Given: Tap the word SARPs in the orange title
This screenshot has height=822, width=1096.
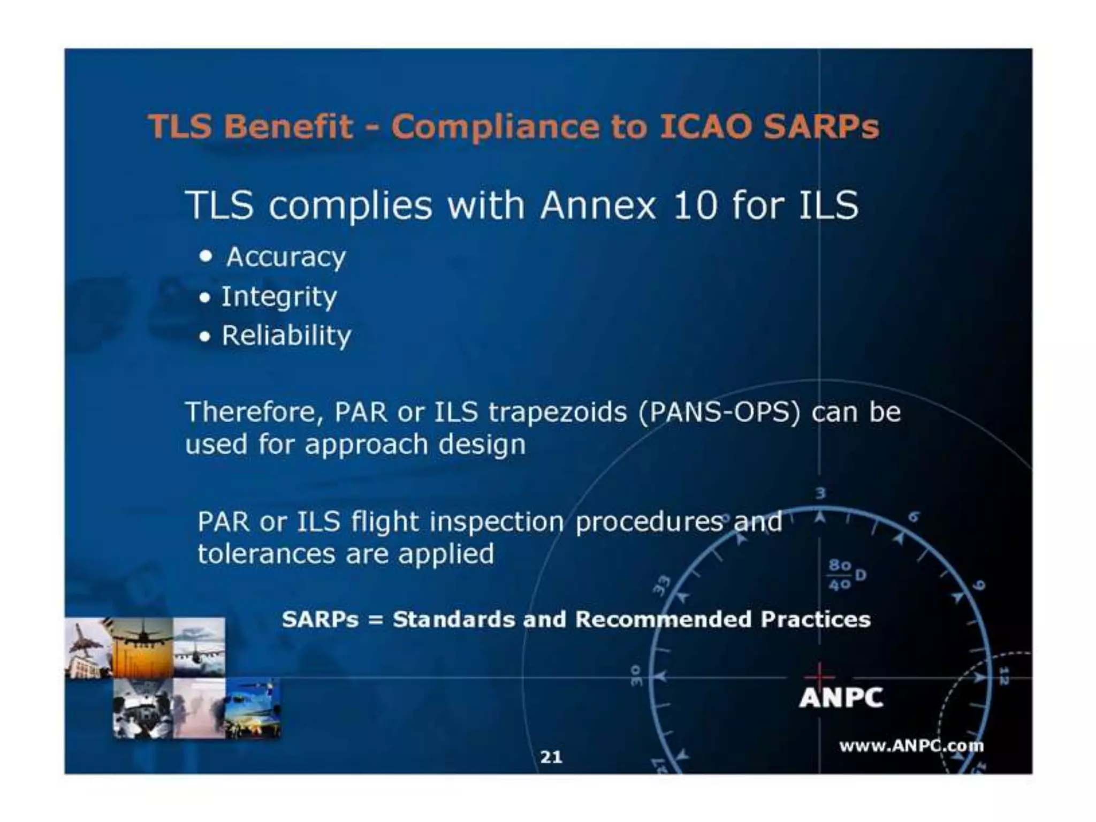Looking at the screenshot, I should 821,127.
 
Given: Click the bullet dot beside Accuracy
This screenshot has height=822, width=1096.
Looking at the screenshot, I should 205,256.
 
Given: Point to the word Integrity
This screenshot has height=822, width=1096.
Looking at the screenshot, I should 279,297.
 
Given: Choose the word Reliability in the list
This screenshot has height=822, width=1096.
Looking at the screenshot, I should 286,336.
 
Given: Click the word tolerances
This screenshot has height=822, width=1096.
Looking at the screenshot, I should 266,554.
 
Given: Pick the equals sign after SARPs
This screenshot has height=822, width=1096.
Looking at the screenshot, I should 376,620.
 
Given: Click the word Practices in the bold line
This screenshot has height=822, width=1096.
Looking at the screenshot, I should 816,620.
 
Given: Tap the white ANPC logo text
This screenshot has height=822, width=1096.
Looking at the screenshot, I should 841,698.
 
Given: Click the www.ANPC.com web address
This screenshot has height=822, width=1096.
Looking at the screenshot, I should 911,746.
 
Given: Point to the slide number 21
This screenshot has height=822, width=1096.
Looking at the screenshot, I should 551,757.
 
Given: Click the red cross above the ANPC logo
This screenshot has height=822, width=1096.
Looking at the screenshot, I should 819,672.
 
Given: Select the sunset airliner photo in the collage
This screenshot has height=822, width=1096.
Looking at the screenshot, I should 142,648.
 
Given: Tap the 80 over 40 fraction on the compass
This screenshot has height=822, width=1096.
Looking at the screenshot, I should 840,575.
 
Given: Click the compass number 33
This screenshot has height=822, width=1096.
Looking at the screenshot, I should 663,584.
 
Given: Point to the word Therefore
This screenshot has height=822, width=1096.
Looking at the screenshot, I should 254,413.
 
